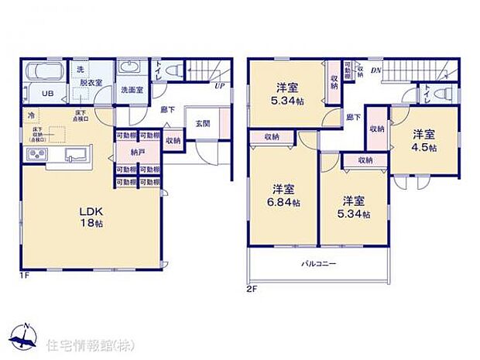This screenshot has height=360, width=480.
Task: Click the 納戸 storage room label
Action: click(x=138, y=153)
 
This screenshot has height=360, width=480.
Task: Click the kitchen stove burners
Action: click(x=38, y=156)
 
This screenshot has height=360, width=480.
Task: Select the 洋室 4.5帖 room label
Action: click(x=422, y=139)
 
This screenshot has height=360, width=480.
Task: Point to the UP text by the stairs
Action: click(x=219, y=86)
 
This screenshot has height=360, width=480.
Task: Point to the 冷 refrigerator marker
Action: click(x=31, y=116)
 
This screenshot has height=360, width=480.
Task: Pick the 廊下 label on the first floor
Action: click(x=166, y=109)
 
